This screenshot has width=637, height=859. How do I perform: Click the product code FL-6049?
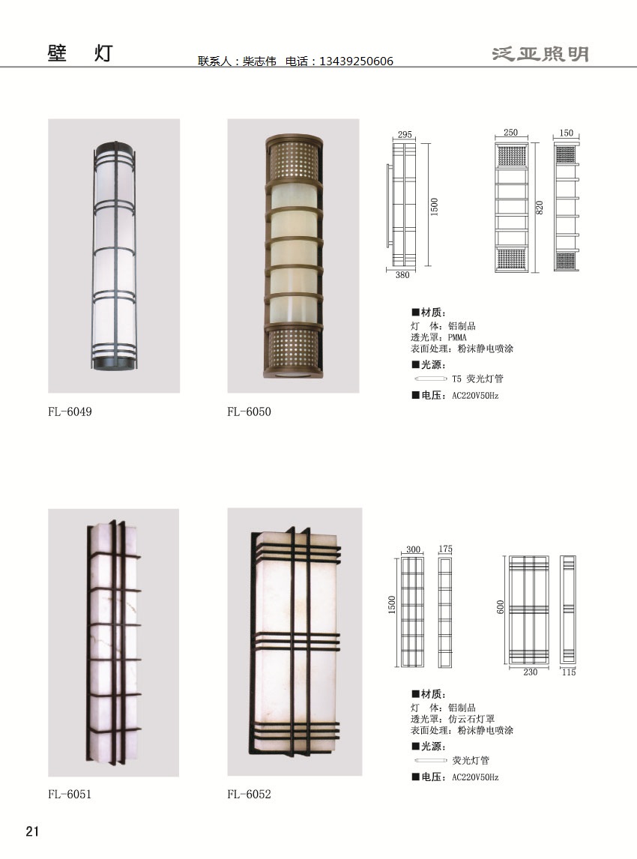pos(70,412)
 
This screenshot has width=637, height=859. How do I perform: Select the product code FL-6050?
pos(250,412)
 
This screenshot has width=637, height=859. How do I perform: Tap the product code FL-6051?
pos(70,794)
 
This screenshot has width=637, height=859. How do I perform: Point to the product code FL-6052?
pos(250,794)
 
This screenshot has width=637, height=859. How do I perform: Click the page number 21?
pos(32,831)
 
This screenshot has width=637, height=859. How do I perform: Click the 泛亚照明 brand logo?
pos(540,54)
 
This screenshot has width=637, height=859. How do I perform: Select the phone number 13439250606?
pos(356,61)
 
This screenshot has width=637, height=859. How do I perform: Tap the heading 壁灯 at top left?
pos(80,53)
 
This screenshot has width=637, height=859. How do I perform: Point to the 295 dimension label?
pos(405,134)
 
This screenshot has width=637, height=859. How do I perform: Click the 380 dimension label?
pos(402,275)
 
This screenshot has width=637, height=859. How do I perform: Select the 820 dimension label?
pos(540,208)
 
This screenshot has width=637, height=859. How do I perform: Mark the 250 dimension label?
pos(510,133)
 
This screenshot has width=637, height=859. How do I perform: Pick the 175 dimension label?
pos(445,549)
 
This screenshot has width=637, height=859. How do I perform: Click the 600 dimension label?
pos(500,607)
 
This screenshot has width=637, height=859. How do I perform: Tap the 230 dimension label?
pos(530,672)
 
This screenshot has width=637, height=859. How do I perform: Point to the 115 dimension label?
pos(569,672)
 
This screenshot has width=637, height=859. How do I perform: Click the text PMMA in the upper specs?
pos(457,337)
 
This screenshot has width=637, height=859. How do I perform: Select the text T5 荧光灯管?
pos(477,379)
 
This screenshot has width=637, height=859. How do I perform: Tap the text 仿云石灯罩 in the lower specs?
pos(471,719)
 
